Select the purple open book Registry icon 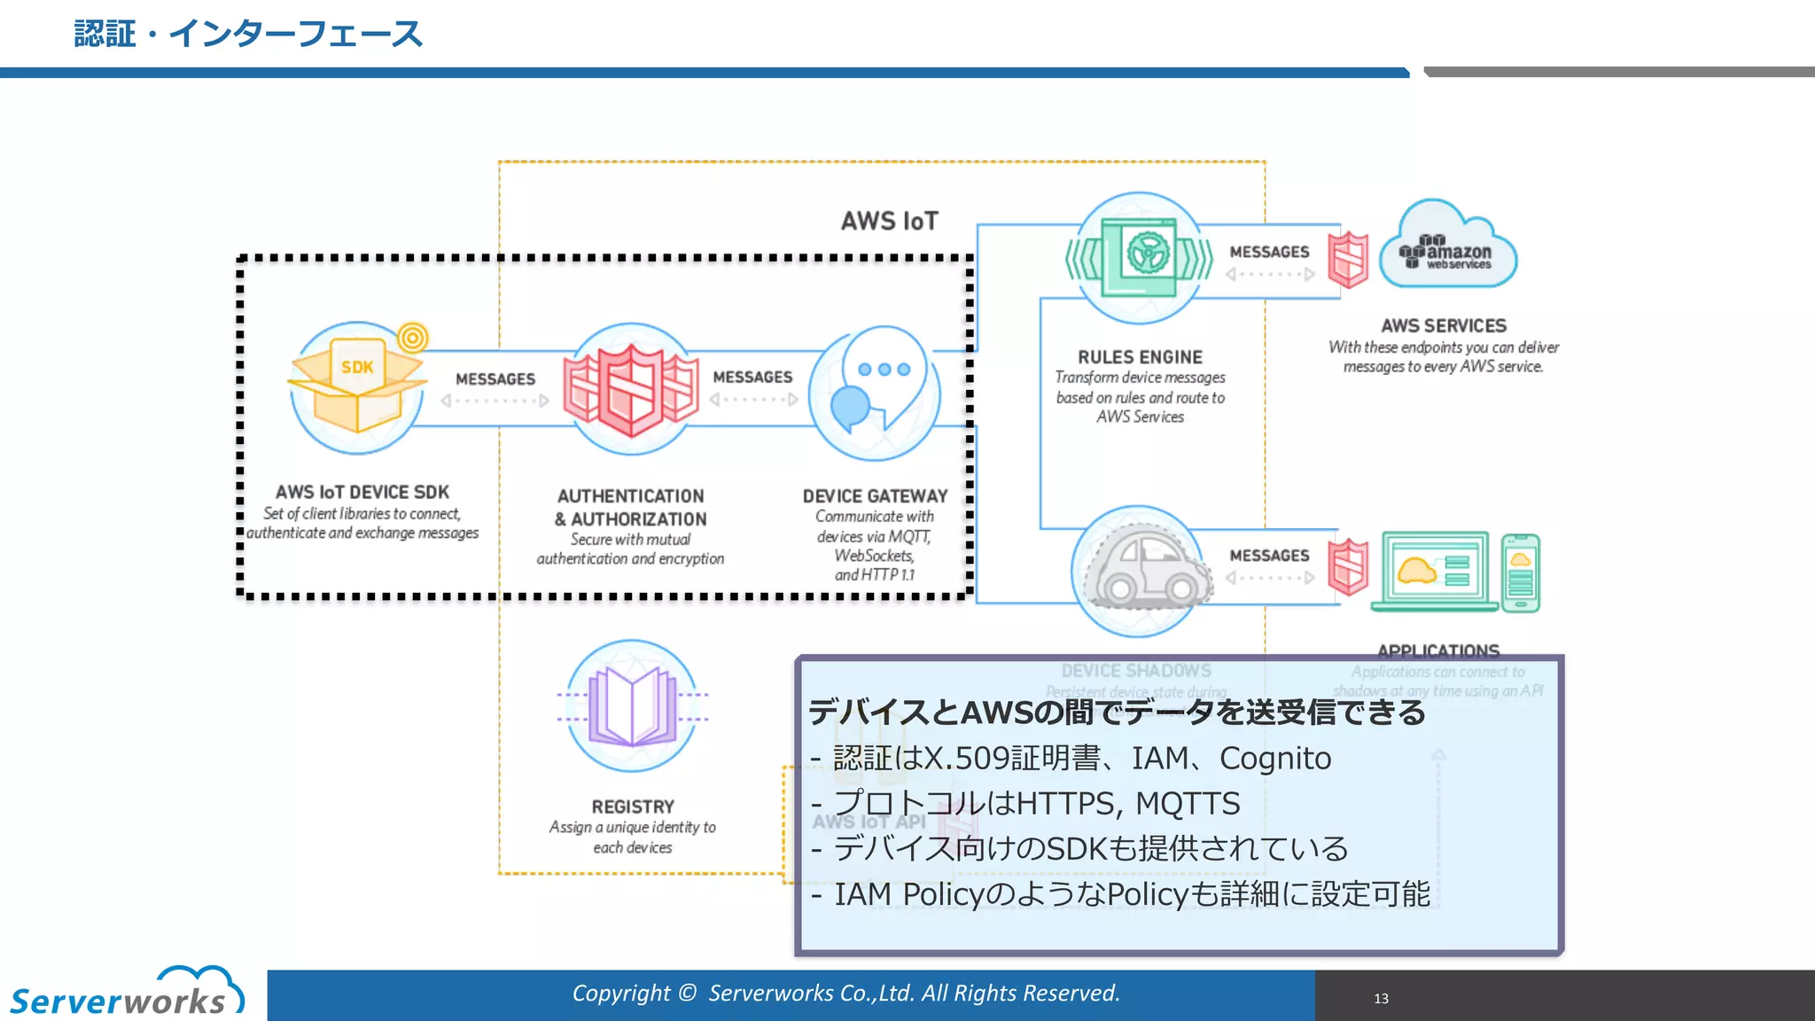click(x=632, y=705)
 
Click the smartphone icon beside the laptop click(x=1521, y=572)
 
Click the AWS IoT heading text click(x=889, y=221)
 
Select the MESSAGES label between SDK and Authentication click(x=495, y=378)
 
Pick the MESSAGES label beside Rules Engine click(x=1269, y=252)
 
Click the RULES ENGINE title click(x=1140, y=356)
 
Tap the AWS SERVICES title click(x=1443, y=325)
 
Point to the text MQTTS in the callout click(x=1188, y=804)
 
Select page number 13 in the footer click(x=1381, y=999)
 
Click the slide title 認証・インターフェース click(x=248, y=34)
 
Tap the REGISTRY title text click(x=633, y=807)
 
